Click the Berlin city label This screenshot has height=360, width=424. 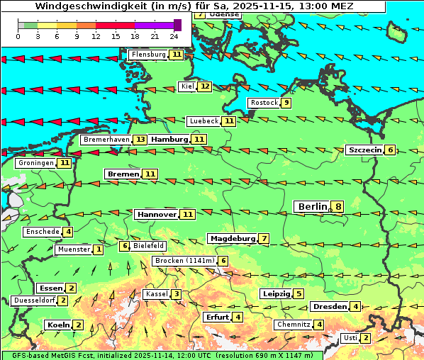(311, 207)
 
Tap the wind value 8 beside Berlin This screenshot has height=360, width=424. (338, 207)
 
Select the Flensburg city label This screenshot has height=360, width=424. (148, 55)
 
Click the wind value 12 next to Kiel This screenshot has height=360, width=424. (205, 86)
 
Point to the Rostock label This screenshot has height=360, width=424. (264, 103)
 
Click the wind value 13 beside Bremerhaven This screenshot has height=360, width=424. (141, 140)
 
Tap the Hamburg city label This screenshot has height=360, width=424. (169, 140)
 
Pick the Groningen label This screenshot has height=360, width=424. (36, 163)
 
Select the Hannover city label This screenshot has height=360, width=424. (156, 214)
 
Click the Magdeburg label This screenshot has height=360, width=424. (232, 238)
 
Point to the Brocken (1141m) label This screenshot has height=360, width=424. (184, 261)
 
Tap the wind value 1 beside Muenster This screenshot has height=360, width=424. (99, 249)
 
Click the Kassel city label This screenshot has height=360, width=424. (155, 294)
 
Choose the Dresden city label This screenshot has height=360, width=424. (330, 307)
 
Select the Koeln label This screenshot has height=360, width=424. (57, 325)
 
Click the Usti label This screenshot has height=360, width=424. (350, 338)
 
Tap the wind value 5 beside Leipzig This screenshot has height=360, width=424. (299, 294)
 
